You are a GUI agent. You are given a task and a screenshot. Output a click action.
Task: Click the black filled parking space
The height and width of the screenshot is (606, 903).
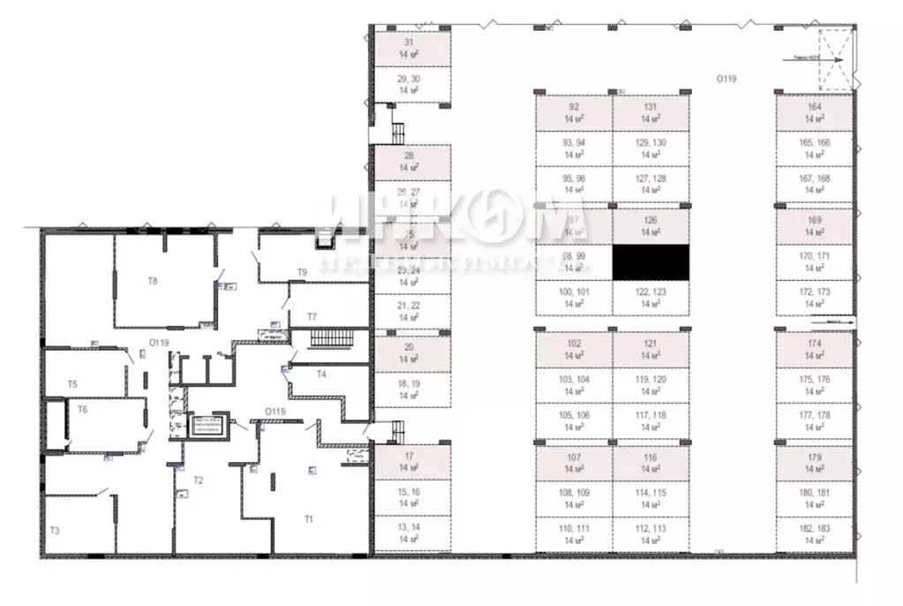pyautogui.click(x=650, y=262)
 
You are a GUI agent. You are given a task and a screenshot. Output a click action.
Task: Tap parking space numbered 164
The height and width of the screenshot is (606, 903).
pyautogui.click(x=814, y=113)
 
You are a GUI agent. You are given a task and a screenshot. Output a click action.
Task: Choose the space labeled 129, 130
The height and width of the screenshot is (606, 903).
pyautogui.click(x=651, y=148)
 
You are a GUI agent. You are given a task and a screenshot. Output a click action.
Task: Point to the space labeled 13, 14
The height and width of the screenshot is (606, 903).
pyautogui.click(x=408, y=532)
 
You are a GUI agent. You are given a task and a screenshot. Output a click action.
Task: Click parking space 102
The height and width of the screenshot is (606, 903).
pyautogui.click(x=574, y=348)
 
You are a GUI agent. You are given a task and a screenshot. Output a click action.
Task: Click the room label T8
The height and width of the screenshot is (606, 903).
pyautogui.click(x=152, y=281)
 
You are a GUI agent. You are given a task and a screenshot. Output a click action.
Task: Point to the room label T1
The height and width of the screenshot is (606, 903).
pyautogui.click(x=309, y=519)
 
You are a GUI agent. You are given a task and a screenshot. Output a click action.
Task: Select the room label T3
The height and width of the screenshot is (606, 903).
pyautogui.click(x=55, y=530)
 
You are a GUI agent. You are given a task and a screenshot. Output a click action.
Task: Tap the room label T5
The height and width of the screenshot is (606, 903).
pyautogui.click(x=73, y=384)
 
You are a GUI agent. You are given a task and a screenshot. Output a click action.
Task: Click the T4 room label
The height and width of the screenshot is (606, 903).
pyautogui.click(x=322, y=375)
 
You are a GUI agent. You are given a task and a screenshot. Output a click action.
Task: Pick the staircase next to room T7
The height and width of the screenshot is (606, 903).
pyautogui.click(x=333, y=339)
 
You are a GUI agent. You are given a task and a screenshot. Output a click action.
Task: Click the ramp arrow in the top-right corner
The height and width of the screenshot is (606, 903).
pyautogui.click(x=829, y=60)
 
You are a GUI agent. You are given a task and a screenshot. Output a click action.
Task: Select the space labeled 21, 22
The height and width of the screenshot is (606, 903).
pyautogui.click(x=408, y=310)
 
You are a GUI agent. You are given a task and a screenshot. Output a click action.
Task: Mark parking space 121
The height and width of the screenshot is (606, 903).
pyautogui.click(x=651, y=348)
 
